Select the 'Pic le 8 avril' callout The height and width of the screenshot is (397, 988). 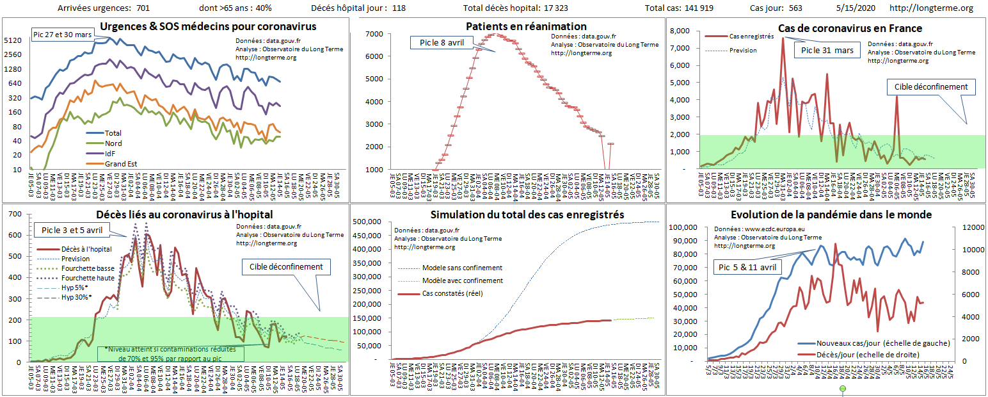coord(442,43)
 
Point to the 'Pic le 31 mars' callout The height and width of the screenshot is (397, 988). coord(826,51)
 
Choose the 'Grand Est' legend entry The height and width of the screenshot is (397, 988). coord(121,164)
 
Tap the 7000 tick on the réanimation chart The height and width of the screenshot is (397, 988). coord(374,33)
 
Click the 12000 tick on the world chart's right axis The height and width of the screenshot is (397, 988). coord(966,227)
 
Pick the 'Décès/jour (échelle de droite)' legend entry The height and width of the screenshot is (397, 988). coord(874,354)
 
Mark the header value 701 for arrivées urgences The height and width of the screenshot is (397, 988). coord(143,8)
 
